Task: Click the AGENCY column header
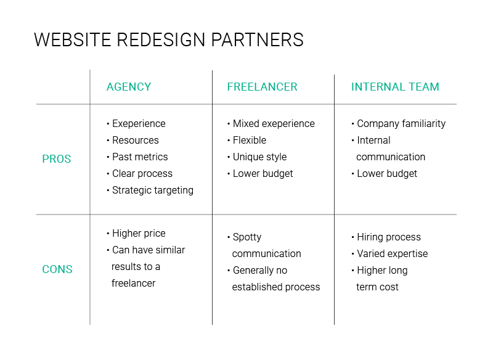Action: [x=129, y=87]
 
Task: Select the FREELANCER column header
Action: [x=262, y=87]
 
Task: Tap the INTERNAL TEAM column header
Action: [x=395, y=87]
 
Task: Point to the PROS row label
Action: [x=57, y=159]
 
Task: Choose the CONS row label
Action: [x=57, y=269]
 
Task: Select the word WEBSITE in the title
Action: [x=72, y=40]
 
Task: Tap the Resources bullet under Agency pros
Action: [x=135, y=141]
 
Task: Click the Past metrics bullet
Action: [x=139, y=157]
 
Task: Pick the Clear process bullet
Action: [x=142, y=174]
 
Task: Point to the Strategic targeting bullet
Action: [x=152, y=190]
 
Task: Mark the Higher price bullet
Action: [x=139, y=234]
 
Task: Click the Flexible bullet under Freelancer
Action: [x=249, y=141]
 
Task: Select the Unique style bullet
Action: [x=259, y=157]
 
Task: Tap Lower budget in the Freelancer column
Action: [x=263, y=174]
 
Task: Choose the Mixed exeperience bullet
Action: [x=273, y=124]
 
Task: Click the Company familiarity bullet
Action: [x=401, y=124]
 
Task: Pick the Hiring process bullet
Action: [x=388, y=237]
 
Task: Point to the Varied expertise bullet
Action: [x=392, y=254]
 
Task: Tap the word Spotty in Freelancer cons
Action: [x=247, y=237]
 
